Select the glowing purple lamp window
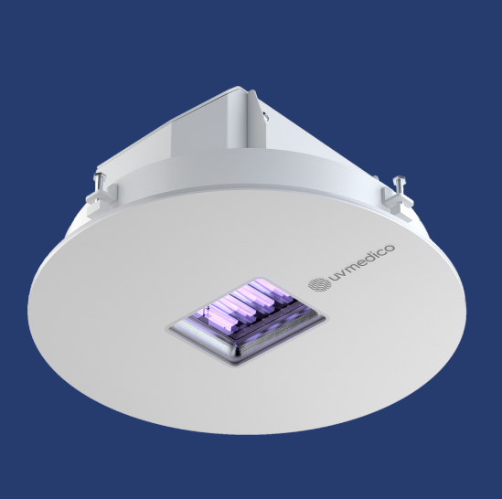click(246, 320)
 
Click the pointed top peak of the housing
click(240, 90)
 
